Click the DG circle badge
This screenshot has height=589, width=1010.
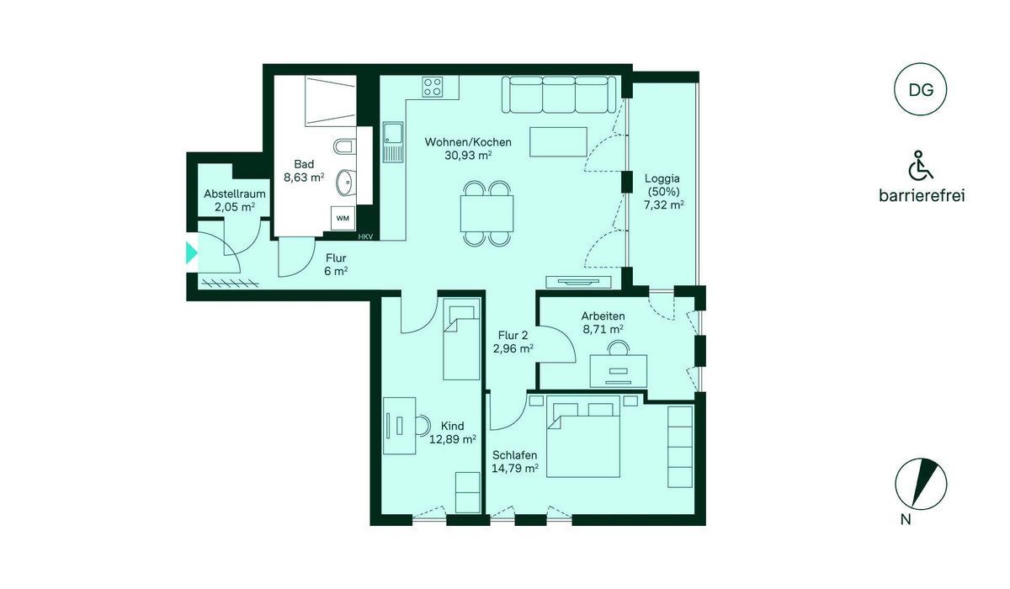921,89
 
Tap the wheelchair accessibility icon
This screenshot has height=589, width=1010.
920,166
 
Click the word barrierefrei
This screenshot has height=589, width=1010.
922,195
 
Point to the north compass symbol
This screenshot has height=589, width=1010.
921,485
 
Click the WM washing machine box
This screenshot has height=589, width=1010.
343,219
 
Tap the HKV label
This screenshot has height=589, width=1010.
365,236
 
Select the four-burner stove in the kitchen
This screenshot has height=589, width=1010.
432,87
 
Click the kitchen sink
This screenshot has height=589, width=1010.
393,142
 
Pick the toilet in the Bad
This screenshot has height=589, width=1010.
345,147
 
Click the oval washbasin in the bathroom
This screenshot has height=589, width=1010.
346,183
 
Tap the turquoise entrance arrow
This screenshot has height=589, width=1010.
192,252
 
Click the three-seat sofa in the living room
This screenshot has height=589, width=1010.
559,94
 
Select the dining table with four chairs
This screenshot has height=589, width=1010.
487,214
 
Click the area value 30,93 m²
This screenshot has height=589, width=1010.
468,156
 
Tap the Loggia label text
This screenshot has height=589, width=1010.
662,178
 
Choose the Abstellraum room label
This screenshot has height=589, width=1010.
235,194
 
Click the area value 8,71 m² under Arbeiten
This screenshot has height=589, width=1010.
603,330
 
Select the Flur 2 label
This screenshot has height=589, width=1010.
513,335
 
